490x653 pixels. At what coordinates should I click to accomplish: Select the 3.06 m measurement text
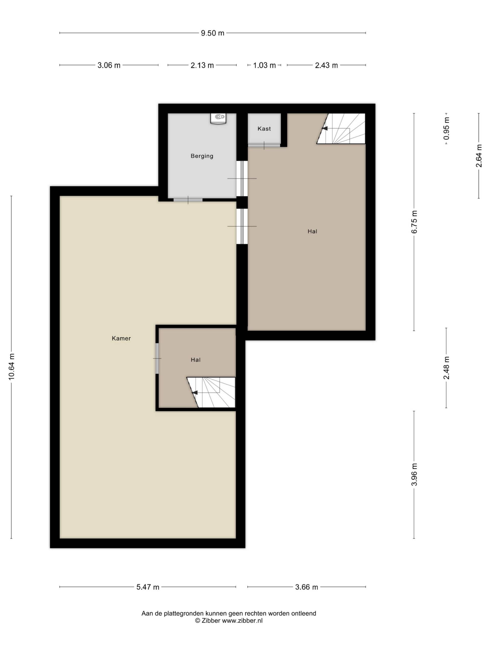coord(109,65)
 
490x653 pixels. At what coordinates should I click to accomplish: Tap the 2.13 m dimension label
coord(202,65)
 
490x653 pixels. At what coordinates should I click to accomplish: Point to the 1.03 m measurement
coord(264,65)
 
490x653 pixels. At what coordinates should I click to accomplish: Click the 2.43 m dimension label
coord(326,65)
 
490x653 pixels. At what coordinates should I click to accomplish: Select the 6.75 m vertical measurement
coord(414,222)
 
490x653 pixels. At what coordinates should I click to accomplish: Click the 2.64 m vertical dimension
coord(479,156)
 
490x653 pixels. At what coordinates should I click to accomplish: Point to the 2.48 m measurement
coord(446,368)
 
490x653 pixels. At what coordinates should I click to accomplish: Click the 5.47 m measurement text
coord(148,587)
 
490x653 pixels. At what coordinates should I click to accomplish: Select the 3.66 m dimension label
coord(307,587)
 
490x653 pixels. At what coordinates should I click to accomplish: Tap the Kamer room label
coord(121,338)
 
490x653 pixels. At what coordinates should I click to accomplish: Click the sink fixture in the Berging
coord(218,118)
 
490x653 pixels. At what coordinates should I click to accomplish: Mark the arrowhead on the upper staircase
coord(325,128)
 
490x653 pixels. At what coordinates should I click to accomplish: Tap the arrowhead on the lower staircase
coord(195,393)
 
